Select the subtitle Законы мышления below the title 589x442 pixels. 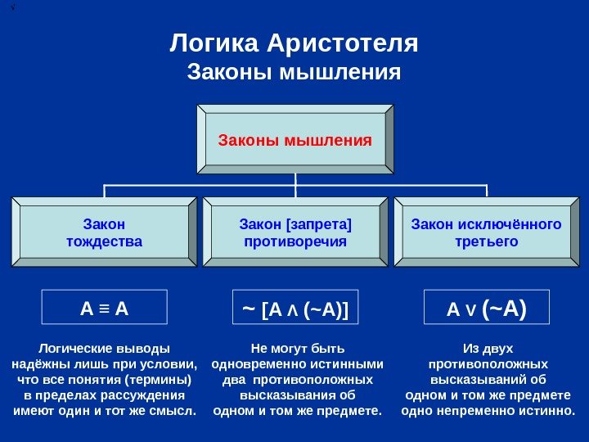[294, 73]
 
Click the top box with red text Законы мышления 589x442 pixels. [294, 139]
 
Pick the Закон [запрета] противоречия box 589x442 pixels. [295, 232]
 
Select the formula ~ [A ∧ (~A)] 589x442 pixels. [295, 309]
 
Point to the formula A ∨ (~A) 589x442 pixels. [486, 309]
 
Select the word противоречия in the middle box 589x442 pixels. [295, 241]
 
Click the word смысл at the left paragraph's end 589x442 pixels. [178, 410]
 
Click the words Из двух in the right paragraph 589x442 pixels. [488, 348]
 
